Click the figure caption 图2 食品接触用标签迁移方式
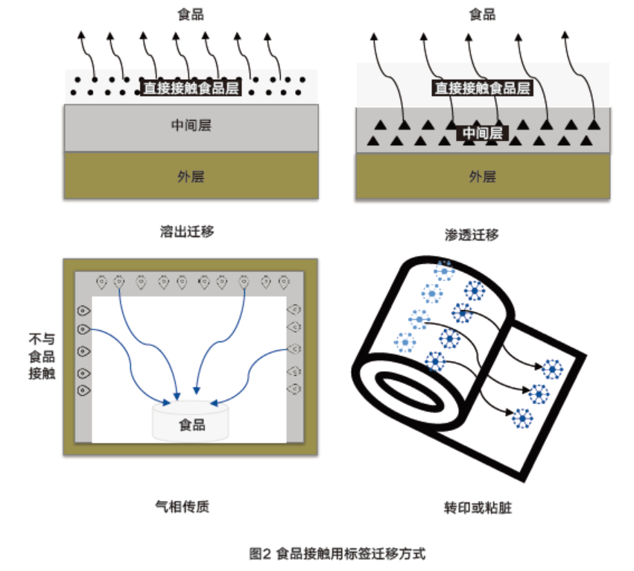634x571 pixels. (337, 554)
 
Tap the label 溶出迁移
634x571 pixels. (187, 231)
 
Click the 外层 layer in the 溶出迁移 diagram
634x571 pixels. (191, 177)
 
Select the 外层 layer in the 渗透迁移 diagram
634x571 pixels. (482, 177)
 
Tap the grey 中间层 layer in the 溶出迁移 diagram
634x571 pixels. (191, 126)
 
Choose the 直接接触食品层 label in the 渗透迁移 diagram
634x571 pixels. (483, 87)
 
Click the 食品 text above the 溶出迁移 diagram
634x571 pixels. (191, 14)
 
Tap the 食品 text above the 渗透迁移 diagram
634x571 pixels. (482, 14)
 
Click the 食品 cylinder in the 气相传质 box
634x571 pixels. (191, 423)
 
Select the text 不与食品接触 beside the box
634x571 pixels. (42, 356)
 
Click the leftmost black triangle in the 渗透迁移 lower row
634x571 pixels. (372, 139)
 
